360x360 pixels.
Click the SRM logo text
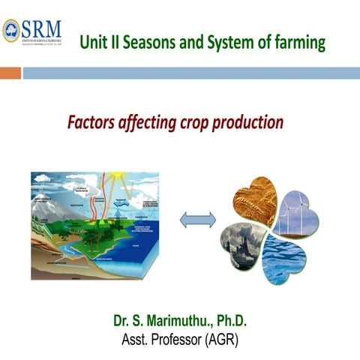point(42,28)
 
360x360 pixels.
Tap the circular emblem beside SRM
point(11,29)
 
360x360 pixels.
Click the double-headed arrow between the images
point(199,219)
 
